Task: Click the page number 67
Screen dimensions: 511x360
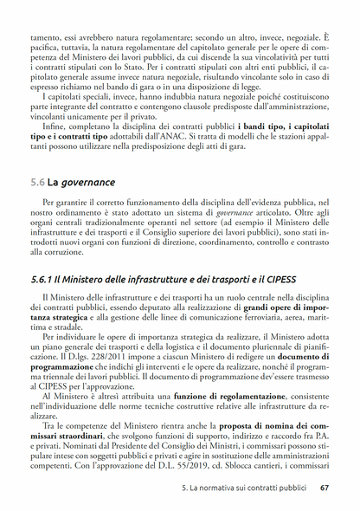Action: [x=324, y=488]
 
